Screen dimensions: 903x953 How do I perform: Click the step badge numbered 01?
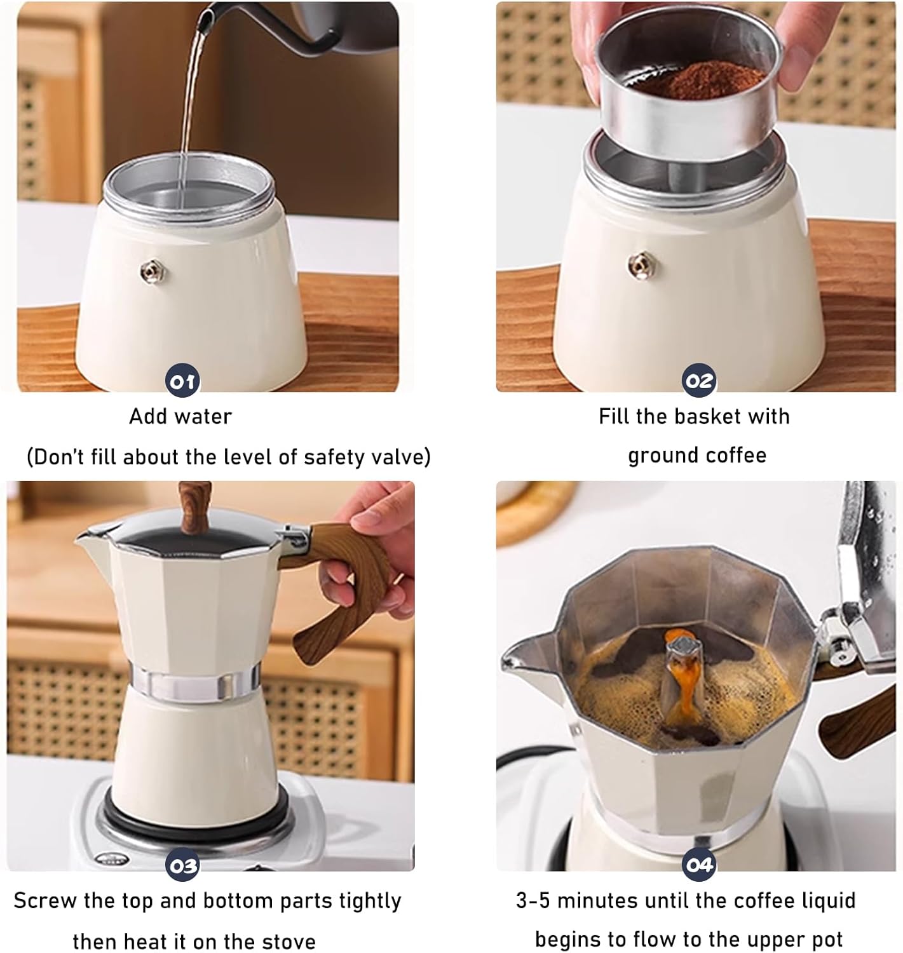[182, 381]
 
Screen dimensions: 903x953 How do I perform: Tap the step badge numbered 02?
[699, 381]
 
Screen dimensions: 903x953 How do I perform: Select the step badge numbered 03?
[182, 865]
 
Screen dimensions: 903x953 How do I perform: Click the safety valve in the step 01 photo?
[153, 272]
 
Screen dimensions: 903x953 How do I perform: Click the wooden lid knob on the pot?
[194, 506]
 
